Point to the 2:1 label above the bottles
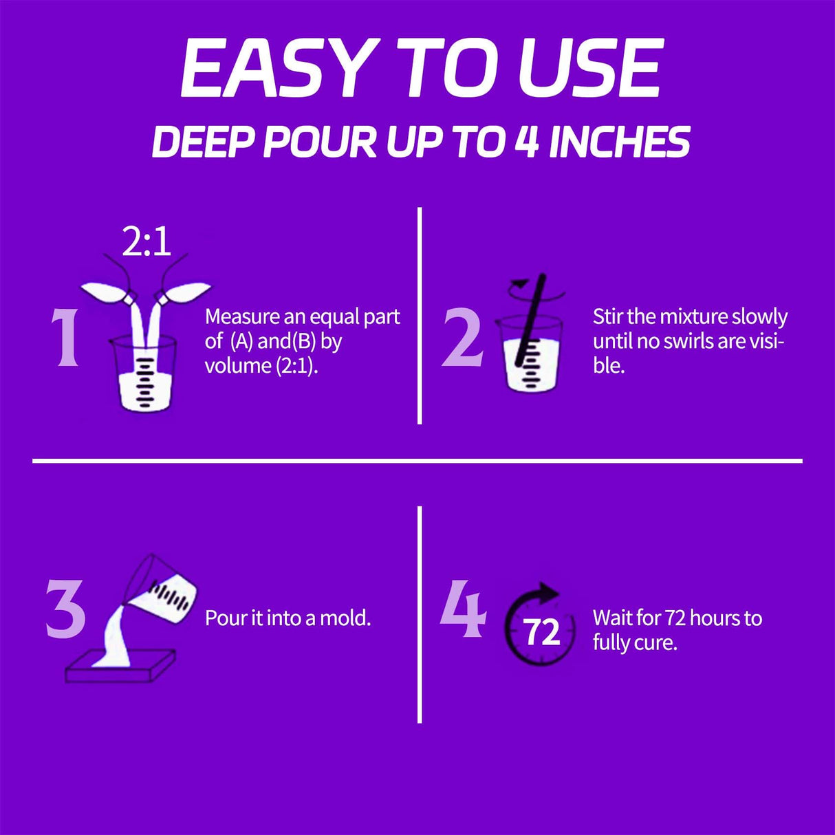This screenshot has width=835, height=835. point(147,242)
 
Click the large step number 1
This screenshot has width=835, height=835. point(66,337)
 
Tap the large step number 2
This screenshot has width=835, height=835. point(462,337)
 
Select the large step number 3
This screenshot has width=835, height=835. point(66,608)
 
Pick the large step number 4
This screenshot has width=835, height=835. point(464,608)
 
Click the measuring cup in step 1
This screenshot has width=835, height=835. point(144,375)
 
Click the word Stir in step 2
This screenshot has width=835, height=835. point(608,316)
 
